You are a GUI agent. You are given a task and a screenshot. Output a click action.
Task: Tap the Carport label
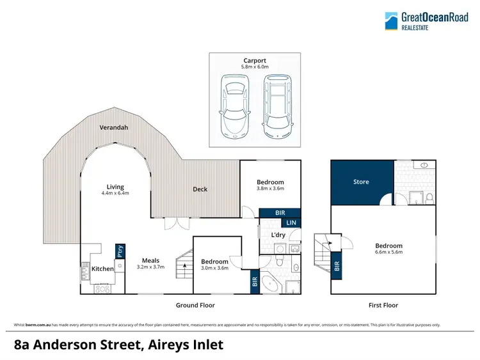(255, 61)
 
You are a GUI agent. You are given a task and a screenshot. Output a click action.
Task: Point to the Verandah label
(114, 128)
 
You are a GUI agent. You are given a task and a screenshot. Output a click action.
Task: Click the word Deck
(200, 189)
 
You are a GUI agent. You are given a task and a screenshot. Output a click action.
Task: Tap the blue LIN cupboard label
(291, 223)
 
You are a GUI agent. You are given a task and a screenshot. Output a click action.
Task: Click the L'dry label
(278, 235)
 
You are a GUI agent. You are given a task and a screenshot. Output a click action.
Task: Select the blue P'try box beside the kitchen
(118, 251)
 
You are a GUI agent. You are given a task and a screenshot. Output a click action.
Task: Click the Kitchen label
(102, 269)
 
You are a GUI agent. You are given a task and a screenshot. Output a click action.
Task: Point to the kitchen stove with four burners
(102, 288)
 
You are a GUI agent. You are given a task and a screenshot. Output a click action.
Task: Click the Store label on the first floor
(361, 182)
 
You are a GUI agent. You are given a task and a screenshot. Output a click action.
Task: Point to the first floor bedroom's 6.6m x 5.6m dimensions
(388, 252)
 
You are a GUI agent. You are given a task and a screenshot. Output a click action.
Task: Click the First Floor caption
(383, 306)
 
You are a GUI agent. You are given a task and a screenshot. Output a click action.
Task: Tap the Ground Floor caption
(195, 306)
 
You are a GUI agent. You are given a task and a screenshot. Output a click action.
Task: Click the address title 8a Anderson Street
(118, 345)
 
